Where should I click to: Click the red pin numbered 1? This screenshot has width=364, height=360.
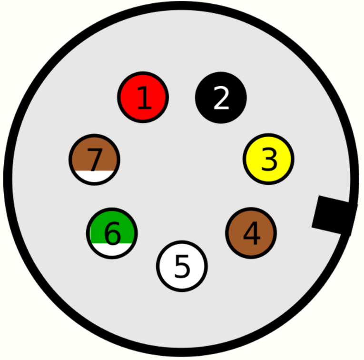(x=143, y=97)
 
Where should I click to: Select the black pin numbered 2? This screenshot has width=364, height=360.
(x=221, y=97)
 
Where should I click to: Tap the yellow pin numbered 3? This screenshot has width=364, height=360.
(x=268, y=159)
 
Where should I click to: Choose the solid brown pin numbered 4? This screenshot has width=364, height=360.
(x=251, y=233)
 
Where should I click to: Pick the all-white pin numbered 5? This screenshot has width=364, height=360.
(x=182, y=266)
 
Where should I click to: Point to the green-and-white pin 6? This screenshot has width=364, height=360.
(x=112, y=233)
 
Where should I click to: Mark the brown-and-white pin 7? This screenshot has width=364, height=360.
(x=94, y=160)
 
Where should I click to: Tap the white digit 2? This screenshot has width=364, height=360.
(x=221, y=98)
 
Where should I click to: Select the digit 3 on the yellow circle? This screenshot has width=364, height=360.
(x=269, y=160)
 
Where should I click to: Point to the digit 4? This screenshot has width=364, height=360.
(x=251, y=234)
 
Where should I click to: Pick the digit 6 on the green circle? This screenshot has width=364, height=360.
(x=113, y=233)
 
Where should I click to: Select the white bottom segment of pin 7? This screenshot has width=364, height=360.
(x=94, y=177)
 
